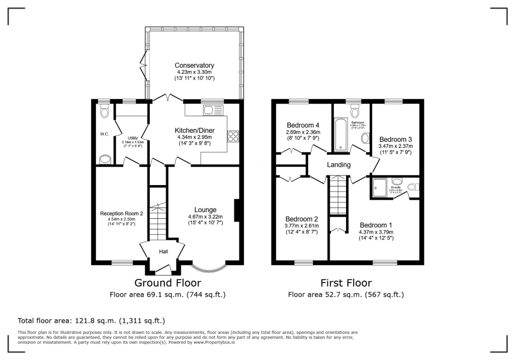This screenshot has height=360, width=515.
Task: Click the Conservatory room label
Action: click(x=194, y=65)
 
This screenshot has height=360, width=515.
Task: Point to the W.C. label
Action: click(x=105, y=134)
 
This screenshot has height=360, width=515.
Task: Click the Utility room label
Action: click(x=133, y=138)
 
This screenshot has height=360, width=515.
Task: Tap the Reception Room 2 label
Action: click(x=122, y=213)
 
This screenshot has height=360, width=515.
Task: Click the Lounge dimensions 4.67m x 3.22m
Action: click(x=205, y=217)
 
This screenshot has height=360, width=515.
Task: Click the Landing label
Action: click(x=338, y=165)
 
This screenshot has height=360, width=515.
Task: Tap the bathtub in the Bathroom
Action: click(x=340, y=134)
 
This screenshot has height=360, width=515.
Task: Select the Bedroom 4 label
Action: click(x=303, y=125)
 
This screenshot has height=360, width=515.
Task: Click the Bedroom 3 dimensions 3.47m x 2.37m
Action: click(x=396, y=147)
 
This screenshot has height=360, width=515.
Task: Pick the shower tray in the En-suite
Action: click(x=380, y=189)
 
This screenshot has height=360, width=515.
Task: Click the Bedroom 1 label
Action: click(x=376, y=224)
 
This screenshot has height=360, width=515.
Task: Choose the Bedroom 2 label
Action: click(x=302, y=219)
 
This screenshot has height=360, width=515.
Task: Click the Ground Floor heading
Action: click(x=167, y=283)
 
